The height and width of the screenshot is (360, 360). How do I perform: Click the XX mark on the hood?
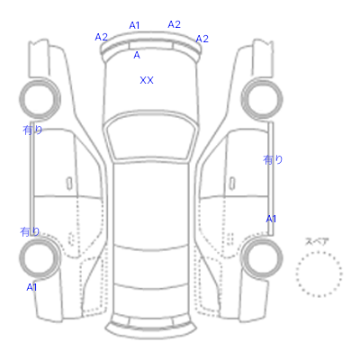pos(147,80)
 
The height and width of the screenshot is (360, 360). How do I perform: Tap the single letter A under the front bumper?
pos(137,55)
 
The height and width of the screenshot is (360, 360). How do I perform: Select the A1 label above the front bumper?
pos(134,25)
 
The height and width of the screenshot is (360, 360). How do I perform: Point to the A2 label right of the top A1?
pos(174,24)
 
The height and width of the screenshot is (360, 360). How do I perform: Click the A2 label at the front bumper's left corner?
pos(101,37)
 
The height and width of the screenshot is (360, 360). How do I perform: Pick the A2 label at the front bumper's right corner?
pos(202,39)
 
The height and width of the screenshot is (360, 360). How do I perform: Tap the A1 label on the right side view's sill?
pos(271,219)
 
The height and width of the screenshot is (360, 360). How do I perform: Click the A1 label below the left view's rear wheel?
pos(31,287)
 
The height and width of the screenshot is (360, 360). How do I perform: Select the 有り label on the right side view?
pos(273,159)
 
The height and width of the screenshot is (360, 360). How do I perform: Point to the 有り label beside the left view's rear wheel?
pos(30,231)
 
